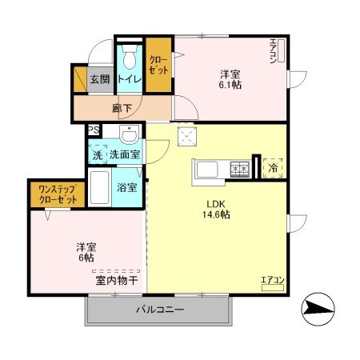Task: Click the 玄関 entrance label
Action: coord(98,79)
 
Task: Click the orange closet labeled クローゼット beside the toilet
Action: coord(158,64)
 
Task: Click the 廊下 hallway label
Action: coord(122,106)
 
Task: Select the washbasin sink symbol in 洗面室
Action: coord(128,134)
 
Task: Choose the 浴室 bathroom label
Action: coord(126,188)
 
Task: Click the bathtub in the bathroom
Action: coord(100,187)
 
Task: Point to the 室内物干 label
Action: coord(117,280)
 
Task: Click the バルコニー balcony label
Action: coord(159,310)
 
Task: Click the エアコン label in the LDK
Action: coord(273,280)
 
